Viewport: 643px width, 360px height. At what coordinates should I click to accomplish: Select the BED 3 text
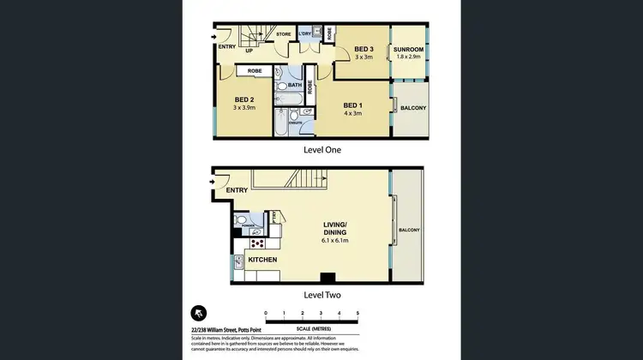click(x=364, y=50)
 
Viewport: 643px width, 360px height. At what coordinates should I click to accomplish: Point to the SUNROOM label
click(x=408, y=50)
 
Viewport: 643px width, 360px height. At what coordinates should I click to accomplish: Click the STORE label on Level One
click(x=283, y=35)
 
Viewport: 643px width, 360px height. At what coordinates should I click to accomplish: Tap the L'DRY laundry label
click(x=304, y=34)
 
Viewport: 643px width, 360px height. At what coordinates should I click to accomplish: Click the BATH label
click(x=293, y=85)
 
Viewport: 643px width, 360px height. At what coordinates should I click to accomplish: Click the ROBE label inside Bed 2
click(x=255, y=71)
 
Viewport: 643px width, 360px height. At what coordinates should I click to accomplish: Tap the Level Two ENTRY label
click(x=237, y=190)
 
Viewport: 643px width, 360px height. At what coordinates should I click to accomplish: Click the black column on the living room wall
click(x=327, y=277)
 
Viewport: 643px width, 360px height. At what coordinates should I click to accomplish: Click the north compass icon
click(x=201, y=313)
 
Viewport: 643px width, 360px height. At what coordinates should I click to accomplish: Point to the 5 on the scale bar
click(x=357, y=314)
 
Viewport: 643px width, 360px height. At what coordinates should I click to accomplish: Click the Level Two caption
click(x=322, y=295)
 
